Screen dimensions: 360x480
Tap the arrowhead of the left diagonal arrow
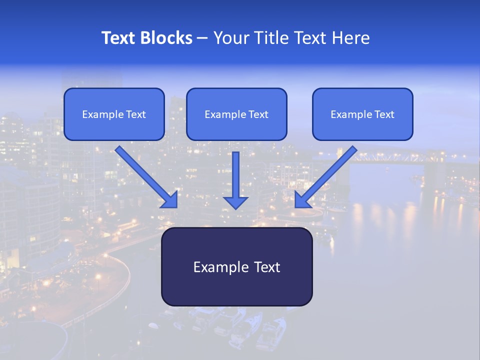170,200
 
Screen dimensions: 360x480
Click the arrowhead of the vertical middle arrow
235,202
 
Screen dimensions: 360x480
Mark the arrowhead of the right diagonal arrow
302,200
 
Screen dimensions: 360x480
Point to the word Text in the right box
384,114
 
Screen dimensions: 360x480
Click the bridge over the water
395,157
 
